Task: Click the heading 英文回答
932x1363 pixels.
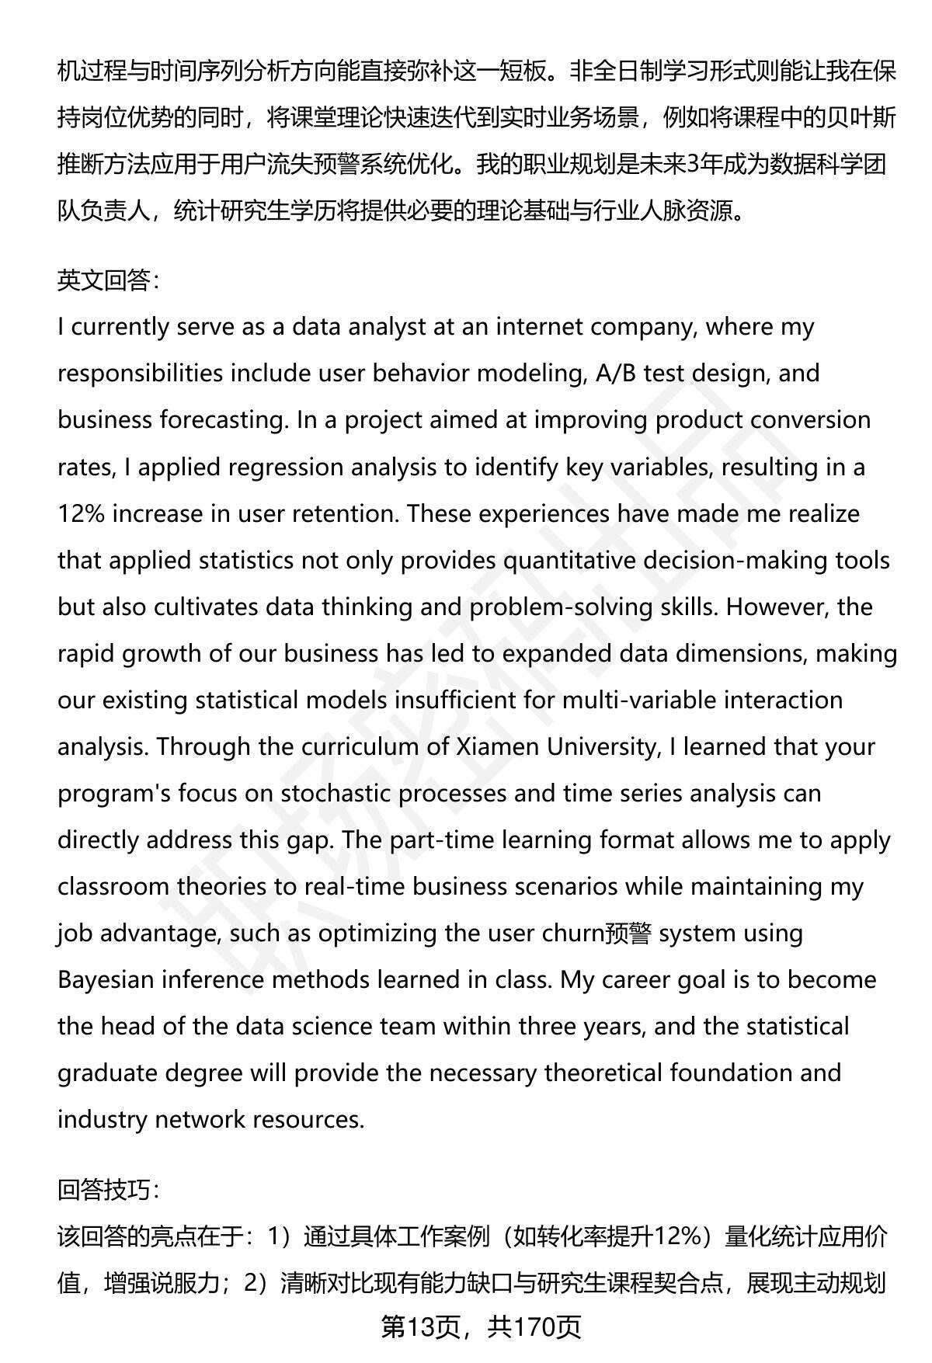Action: tap(108, 280)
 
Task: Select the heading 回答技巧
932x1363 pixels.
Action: tap(108, 1188)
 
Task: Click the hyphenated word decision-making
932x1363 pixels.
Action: tap(734, 560)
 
